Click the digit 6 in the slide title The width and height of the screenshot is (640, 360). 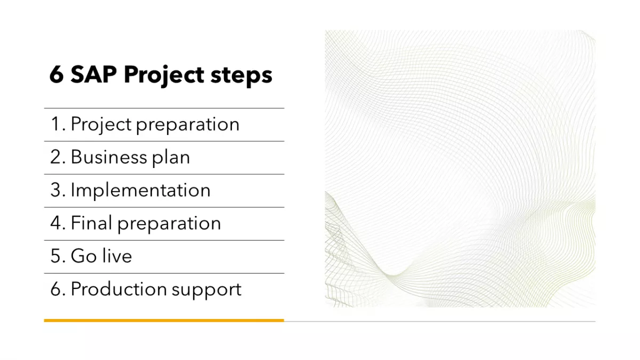pos(57,75)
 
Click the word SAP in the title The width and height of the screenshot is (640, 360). pos(94,75)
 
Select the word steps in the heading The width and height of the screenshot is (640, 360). pos(242,76)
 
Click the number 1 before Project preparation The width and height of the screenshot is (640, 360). pos(55,124)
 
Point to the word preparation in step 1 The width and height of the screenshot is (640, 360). pos(187,125)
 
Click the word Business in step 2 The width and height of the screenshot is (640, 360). pos(109,157)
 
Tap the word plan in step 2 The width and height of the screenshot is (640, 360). pos(171,157)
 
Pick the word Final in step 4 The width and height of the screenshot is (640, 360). pos(91,223)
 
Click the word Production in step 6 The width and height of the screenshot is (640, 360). pos(119,289)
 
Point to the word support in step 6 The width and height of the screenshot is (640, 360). pos(206,290)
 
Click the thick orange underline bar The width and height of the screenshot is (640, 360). pos(164,321)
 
